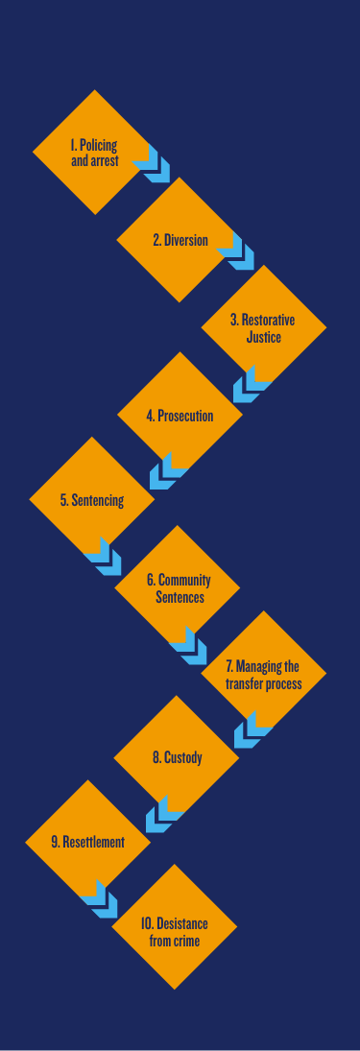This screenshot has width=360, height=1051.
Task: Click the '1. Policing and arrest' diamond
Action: pyautogui.click(x=94, y=153)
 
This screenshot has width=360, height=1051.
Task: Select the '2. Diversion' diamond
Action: pyautogui.click(x=180, y=240)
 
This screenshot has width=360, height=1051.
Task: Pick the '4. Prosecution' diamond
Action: pyautogui.click(x=180, y=416)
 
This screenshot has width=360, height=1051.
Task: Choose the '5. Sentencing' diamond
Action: pyautogui.click(x=92, y=500)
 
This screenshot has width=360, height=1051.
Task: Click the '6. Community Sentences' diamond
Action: pyautogui.click(x=178, y=587)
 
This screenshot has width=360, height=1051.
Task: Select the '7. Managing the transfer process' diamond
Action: pyautogui.click(x=263, y=674)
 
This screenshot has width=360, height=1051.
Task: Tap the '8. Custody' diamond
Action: pyautogui.click(x=177, y=757)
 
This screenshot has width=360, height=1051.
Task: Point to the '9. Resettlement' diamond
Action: pyautogui.click(x=88, y=842)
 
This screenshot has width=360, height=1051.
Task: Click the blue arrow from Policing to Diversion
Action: pyautogui.click(x=154, y=164)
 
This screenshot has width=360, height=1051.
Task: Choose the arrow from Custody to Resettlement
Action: pyautogui.click(x=162, y=814)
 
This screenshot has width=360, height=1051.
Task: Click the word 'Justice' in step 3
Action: pyautogui.click(x=263, y=337)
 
